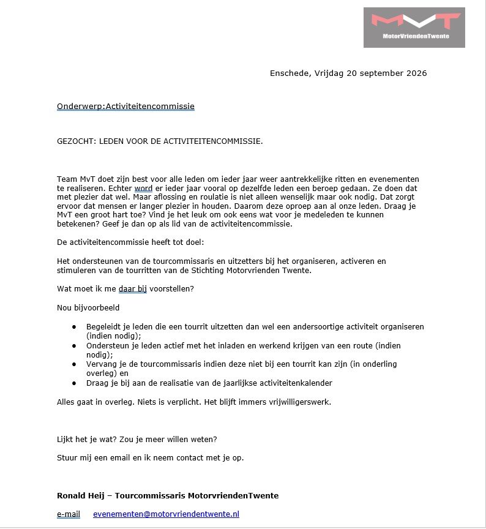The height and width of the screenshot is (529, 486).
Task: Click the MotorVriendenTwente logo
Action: [x=414, y=27]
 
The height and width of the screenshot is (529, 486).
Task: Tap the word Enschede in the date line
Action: [x=290, y=73]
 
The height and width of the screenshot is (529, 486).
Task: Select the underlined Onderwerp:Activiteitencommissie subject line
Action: [x=125, y=107]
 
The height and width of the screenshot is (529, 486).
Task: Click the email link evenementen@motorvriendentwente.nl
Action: [x=166, y=514]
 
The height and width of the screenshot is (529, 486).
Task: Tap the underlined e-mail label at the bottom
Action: [x=69, y=514]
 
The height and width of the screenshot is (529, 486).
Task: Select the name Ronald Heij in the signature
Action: [x=80, y=495]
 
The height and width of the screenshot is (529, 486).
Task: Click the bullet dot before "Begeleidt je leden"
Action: [x=74, y=327]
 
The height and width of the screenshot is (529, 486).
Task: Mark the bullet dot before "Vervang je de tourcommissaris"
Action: [x=74, y=364]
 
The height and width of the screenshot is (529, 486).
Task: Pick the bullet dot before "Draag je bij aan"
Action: [x=74, y=383]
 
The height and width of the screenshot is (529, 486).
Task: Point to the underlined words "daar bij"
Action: [x=133, y=288]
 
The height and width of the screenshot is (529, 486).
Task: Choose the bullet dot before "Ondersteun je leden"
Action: [x=74, y=346]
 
